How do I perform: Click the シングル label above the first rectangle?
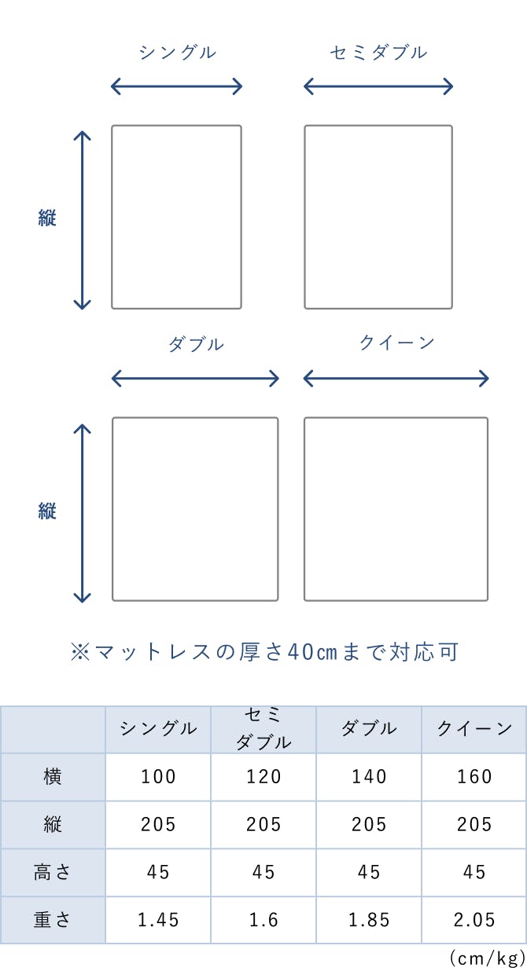[177, 53]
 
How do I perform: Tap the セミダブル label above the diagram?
[378, 53]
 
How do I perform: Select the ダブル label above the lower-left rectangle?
[196, 344]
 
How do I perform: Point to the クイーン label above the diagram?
[396, 343]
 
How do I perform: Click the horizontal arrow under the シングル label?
[176, 86]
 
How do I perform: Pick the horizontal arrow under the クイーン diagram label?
[396, 379]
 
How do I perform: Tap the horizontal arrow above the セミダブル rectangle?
[378, 86]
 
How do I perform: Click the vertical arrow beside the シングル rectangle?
[82, 220]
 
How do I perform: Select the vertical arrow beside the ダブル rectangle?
[82, 513]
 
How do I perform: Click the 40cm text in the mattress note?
[312, 652]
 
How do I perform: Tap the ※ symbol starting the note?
[80, 652]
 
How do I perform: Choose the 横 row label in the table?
[53, 776]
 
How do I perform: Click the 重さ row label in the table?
[52, 919]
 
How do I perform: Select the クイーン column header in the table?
[474, 728]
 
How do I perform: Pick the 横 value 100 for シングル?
[158, 777]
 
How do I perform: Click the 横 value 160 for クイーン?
[474, 777]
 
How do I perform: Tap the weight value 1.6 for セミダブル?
[263, 920]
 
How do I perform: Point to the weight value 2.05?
[474, 920]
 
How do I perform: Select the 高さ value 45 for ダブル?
[369, 872]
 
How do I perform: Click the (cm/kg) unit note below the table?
[487, 959]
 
